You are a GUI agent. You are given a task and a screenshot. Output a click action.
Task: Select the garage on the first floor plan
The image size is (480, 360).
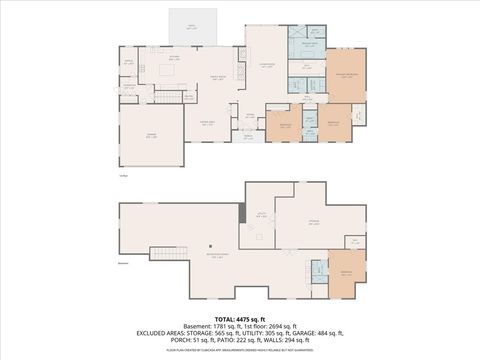[x=151, y=134]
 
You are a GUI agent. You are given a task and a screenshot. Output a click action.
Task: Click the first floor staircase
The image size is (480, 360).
[x=169, y=96]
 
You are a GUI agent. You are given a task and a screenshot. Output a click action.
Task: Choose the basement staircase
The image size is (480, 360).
[x=163, y=253]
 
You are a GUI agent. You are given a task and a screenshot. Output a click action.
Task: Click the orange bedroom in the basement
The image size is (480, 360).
[x=346, y=273]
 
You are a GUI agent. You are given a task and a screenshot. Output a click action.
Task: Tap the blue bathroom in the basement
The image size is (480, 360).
[x=316, y=271]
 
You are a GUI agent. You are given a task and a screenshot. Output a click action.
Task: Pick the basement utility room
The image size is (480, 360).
[x=259, y=215]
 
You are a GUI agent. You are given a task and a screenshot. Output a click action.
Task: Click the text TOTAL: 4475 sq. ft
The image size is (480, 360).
[x=239, y=319]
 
